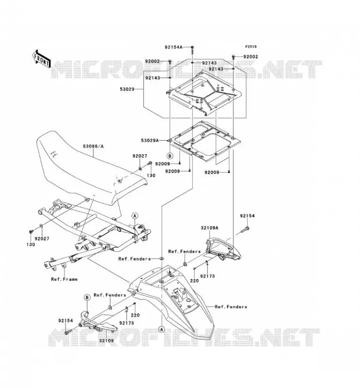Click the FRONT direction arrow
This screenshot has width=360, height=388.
(x=42, y=59)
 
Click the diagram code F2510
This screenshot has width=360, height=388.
(x=251, y=47)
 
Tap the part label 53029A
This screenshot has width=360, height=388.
(x=150, y=141)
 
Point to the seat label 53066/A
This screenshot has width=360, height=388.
(x=93, y=146)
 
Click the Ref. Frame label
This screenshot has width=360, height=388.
(x=65, y=279)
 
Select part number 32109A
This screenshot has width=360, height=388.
(x=210, y=228)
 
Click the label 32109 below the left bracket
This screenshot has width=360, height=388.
(x=106, y=341)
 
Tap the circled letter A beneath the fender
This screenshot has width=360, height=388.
(x=162, y=329)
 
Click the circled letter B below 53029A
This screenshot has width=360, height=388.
(x=170, y=156)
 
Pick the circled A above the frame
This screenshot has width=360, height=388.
(x=135, y=216)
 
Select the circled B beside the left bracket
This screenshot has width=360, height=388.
(x=87, y=297)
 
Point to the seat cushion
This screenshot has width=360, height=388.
(x=90, y=168)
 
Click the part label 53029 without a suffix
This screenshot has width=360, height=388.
(x=127, y=89)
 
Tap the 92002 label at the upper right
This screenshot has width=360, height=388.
(x=251, y=57)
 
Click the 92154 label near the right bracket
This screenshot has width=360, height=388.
(x=247, y=216)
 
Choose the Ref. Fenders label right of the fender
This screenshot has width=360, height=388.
(x=231, y=307)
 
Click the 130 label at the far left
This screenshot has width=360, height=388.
(x=31, y=244)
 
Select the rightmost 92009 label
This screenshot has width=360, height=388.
(x=212, y=173)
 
